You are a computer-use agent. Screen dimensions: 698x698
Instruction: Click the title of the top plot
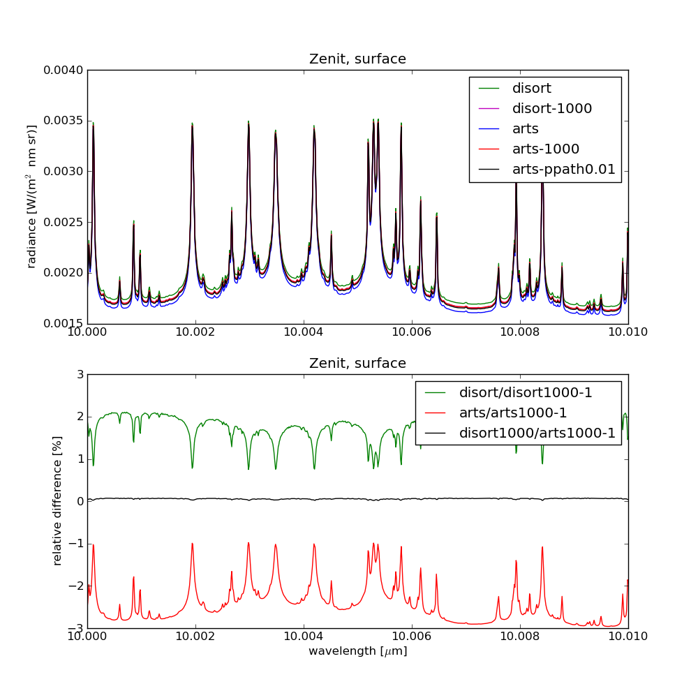[x=357, y=59]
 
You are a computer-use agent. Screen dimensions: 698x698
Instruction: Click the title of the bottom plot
[x=357, y=364]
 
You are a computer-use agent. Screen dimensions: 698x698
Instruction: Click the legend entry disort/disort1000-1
[x=525, y=393]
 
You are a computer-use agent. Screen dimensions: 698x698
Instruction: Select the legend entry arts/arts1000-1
[x=512, y=413]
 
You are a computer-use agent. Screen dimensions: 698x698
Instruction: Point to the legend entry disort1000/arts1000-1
[x=537, y=433]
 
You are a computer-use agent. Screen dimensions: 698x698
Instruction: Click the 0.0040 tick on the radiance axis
[x=64, y=70]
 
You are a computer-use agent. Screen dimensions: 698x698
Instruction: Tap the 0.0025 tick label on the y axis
[x=64, y=223]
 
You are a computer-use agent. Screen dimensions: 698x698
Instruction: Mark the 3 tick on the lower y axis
[x=80, y=375]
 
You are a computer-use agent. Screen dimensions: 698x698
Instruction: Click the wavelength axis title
[x=357, y=652]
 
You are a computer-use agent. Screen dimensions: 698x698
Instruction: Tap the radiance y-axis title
[x=31, y=197]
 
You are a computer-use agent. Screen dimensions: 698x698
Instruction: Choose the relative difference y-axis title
[x=58, y=501]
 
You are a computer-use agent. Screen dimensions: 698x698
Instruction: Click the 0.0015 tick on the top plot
[x=64, y=324]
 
